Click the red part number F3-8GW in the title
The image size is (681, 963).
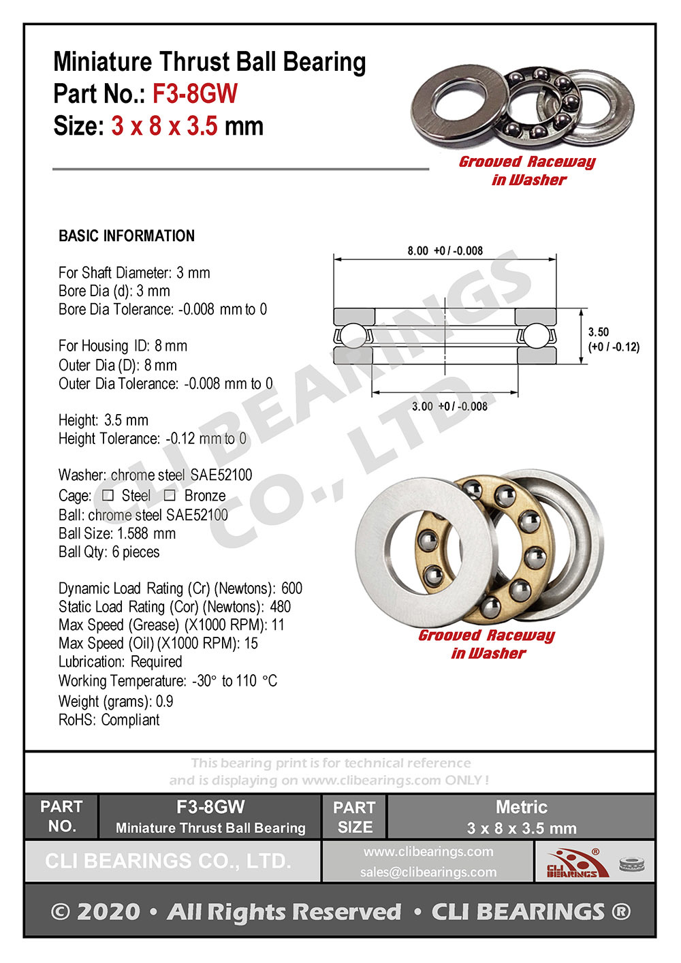(x=195, y=93)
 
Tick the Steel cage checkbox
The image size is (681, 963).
(x=108, y=495)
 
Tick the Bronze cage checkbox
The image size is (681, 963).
(x=170, y=495)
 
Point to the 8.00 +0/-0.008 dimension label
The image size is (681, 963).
(x=445, y=251)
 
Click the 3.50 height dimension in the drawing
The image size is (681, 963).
(x=599, y=332)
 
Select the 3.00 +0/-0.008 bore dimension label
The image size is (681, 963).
(x=449, y=407)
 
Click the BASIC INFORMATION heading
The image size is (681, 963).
(x=127, y=236)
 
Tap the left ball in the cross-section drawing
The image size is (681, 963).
(x=352, y=336)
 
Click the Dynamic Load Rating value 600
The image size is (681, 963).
(x=291, y=588)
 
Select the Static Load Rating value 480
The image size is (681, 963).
(x=280, y=606)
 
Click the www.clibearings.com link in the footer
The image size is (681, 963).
(x=428, y=851)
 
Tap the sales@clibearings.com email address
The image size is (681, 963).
(x=428, y=872)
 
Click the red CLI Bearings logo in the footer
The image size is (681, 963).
(x=573, y=862)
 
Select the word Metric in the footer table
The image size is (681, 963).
(x=521, y=807)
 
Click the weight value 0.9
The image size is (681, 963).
(x=164, y=701)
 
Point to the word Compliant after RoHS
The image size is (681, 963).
(x=130, y=719)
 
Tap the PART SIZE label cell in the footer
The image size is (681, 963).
(x=354, y=817)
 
